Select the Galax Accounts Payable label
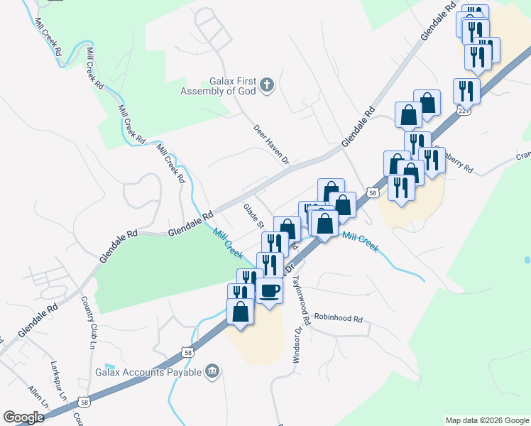click(x=146, y=372)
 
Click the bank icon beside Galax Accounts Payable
click(x=212, y=371)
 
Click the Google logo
click(x=23, y=417)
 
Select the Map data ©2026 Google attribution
click(x=487, y=420)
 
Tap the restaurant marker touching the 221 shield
click(x=469, y=90)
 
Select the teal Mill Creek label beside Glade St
click(x=228, y=242)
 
